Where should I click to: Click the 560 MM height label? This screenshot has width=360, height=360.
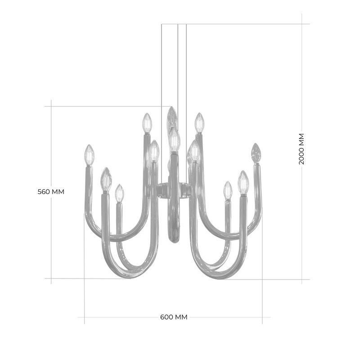click(51, 192)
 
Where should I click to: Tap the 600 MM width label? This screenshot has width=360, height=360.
click(174, 317)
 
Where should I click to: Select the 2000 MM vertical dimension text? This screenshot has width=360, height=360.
click(301, 149)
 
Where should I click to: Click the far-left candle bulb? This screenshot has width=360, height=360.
click(89, 155)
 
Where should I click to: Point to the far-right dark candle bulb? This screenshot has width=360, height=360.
click(256, 153)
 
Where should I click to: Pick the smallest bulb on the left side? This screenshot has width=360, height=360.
click(119, 193)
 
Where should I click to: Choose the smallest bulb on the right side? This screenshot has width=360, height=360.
click(228, 190)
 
